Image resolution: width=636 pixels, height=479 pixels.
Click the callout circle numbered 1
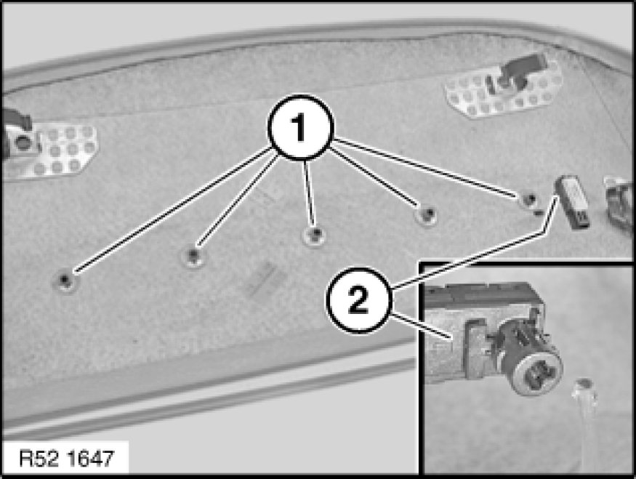coord(300,127)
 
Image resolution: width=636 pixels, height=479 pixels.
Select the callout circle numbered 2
coord(358,299)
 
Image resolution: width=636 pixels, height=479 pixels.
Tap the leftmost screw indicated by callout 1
coord(65,280)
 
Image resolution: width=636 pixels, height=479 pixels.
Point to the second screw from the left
coord(193,256)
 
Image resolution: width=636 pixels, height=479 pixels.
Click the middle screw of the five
coord(314,235)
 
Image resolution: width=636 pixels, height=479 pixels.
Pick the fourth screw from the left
coord(427,213)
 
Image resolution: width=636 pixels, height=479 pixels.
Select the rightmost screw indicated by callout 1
coord(528,199)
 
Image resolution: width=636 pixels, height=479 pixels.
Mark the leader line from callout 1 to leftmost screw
coord(173,209)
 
